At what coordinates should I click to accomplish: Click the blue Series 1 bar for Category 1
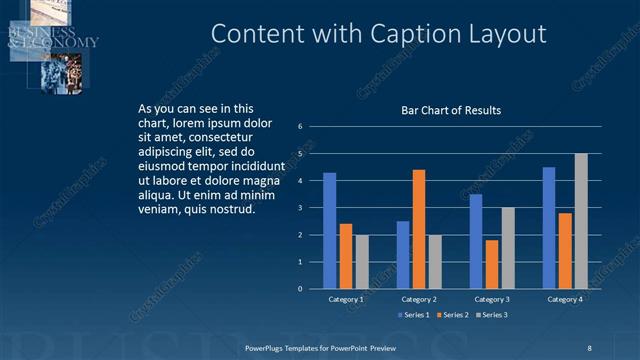coord(329,231)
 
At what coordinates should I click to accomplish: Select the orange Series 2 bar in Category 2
coord(418,229)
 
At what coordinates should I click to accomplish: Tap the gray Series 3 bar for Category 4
coord(581,221)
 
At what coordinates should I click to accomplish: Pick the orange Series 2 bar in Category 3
coord(491,264)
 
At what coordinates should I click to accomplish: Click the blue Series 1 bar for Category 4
coord(549,228)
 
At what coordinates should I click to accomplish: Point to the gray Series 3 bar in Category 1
coord(361,262)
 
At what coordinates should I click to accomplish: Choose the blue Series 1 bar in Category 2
coord(403,255)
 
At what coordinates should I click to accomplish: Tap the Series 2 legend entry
coord(453,315)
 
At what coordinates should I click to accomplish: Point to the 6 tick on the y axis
coord(300,127)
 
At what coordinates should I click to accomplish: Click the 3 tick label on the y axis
coord(300,208)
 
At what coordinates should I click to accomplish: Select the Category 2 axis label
coord(418,299)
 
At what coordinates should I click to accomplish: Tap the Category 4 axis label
coord(565,299)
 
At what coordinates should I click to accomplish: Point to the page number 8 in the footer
coord(588,347)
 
